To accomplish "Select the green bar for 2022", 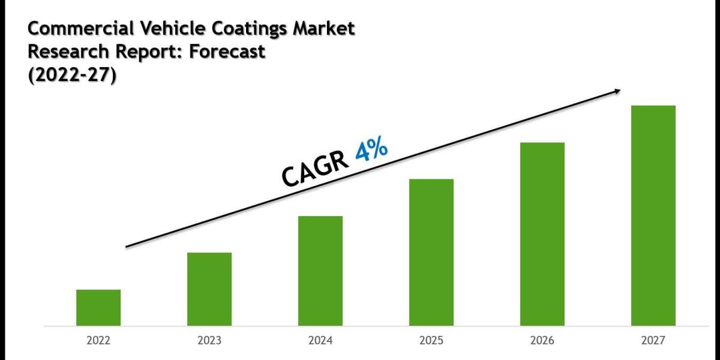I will (x=98, y=308).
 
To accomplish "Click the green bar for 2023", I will (x=209, y=289).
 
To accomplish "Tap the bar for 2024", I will (x=320, y=271).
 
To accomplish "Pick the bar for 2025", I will (x=431, y=252).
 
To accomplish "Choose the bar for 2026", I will (x=542, y=234).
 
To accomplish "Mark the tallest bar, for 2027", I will (x=653, y=215).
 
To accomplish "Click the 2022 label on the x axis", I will (x=98, y=341).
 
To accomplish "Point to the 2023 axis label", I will (x=209, y=341).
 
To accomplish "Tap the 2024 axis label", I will (x=320, y=341).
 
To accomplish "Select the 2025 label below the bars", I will (x=431, y=341).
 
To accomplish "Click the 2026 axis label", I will (x=542, y=341).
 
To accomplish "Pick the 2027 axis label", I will (x=653, y=341).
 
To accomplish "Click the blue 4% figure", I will (x=371, y=151).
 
